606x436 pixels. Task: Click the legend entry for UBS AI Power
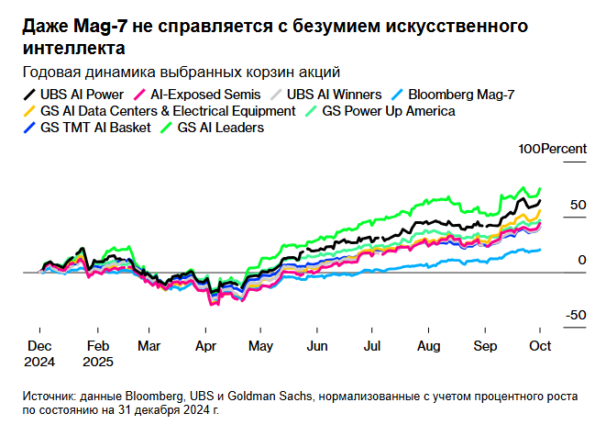pyautogui.click(x=82, y=94)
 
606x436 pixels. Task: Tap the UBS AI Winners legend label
pyautogui.click(x=332, y=94)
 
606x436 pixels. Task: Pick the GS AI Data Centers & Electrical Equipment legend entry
pyautogui.click(x=168, y=111)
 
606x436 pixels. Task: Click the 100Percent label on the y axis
pyautogui.click(x=552, y=149)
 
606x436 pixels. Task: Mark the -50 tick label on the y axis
pyautogui.click(x=574, y=315)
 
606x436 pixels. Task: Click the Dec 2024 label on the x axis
pyautogui.click(x=39, y=354)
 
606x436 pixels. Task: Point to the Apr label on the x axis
pyautogui.click(x=205, y=347)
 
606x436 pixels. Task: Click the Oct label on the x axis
pyautogui.click(x=540, y=347)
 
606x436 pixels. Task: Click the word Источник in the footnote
pyautogui.click(x=51, y=397)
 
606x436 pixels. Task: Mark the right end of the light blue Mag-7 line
pyautogui.click(x=540, y=249)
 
